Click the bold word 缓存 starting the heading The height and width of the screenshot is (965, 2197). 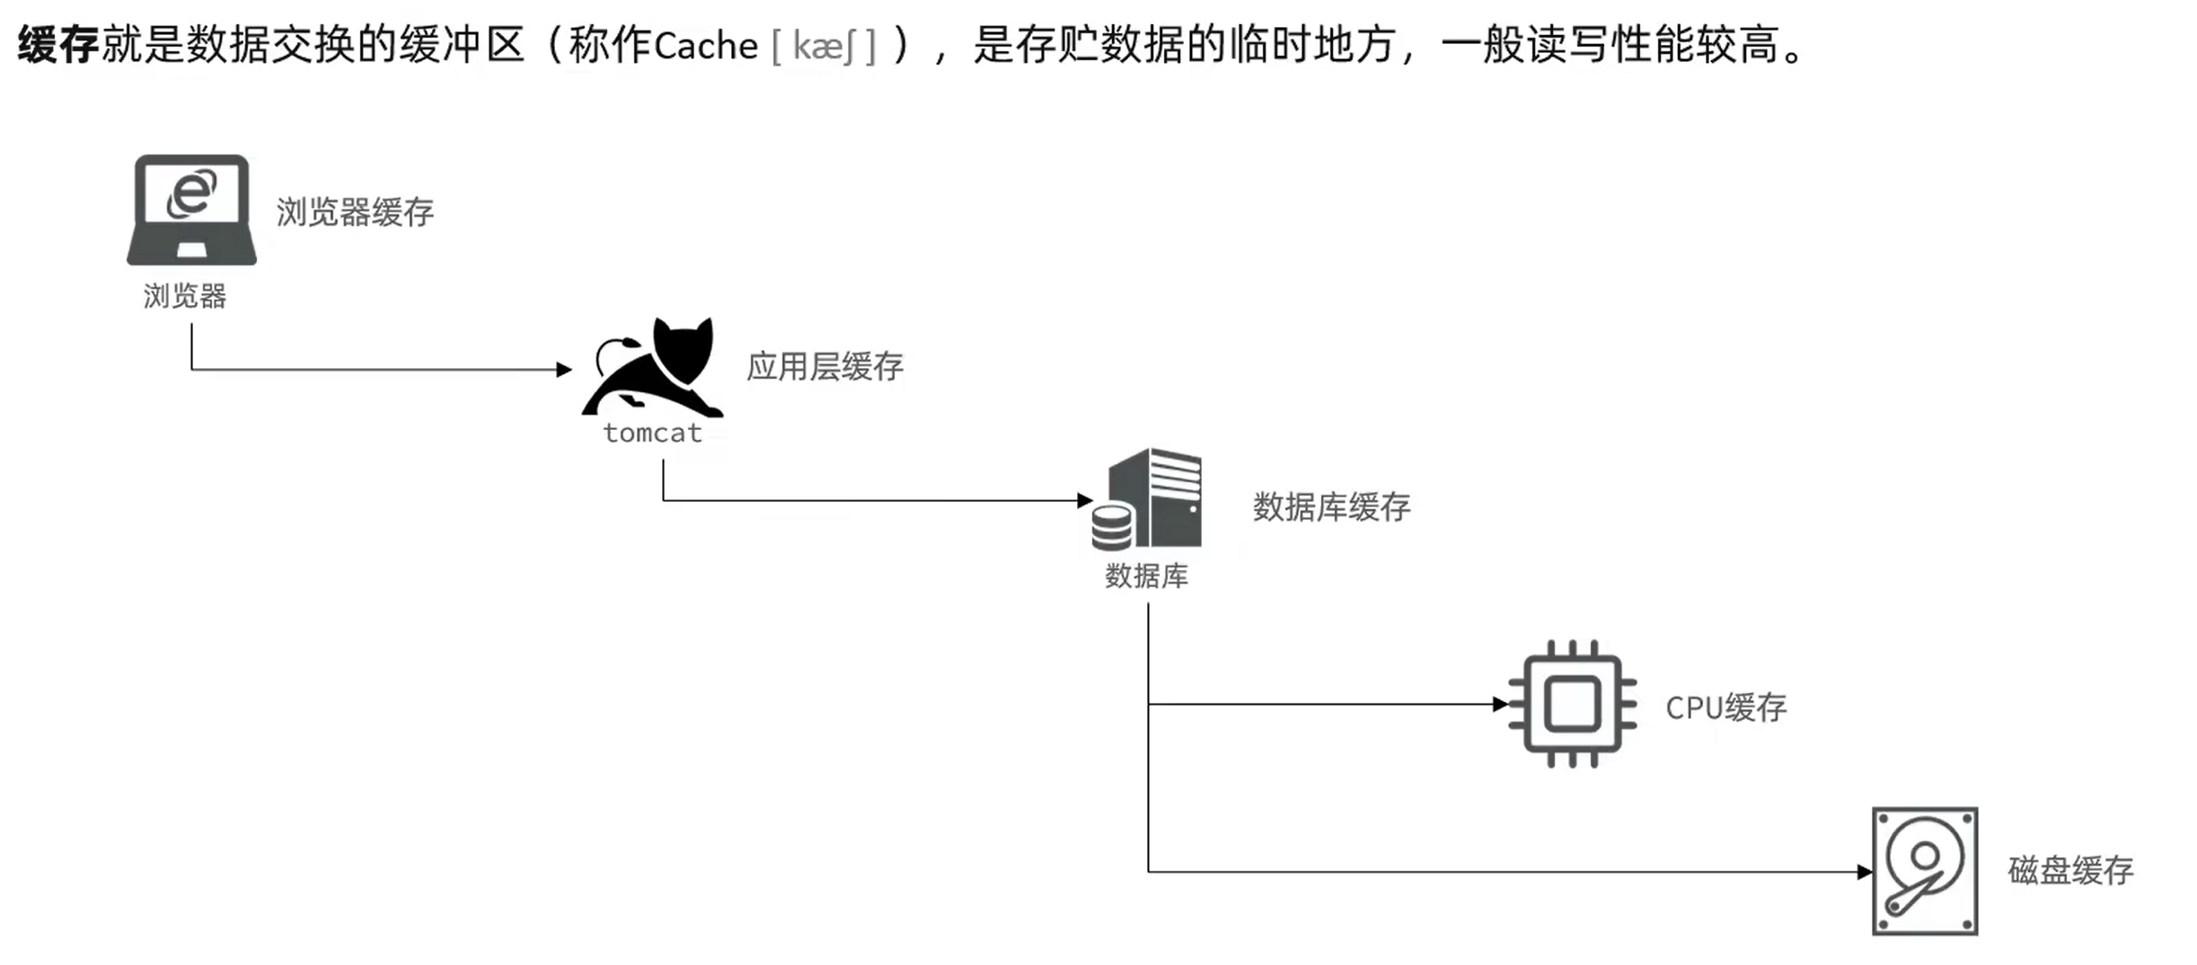(57, 45)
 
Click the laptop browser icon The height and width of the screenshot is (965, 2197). (191, 210)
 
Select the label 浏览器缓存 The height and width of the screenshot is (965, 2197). (355, 213)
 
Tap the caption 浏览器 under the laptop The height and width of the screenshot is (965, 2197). (185, 296)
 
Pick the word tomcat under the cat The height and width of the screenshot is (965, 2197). (652, 434)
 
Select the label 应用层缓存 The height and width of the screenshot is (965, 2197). (825, 366)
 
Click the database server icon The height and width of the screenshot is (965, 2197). (1148, 499)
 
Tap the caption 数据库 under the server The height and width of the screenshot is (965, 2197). (1146, 575)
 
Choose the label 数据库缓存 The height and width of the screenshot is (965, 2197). (1331, 507)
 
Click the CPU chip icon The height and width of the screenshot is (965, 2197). (1572, 704)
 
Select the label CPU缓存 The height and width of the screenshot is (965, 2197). (1725, 707)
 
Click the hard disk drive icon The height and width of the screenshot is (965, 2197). (1925, 871)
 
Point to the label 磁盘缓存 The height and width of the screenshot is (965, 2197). (2070, 870)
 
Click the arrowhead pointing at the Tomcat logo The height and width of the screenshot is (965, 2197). (564, 369)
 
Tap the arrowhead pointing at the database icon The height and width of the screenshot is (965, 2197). (1085, 500)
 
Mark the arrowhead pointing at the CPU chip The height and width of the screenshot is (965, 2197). (1500, 705)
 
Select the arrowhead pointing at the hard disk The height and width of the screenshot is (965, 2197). (1865, 872)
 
